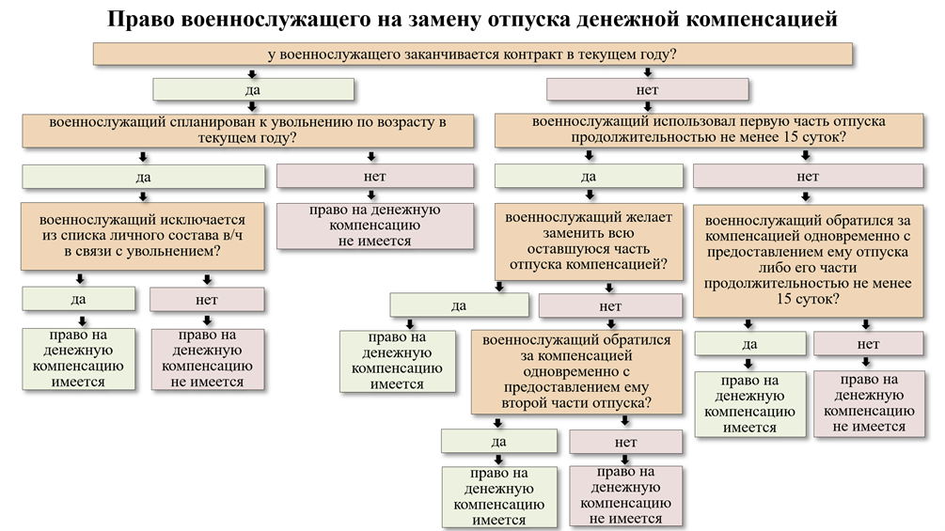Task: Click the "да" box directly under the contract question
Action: pos(253,89)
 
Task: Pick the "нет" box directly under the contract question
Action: pos(647,89)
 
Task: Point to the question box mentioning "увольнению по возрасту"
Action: pos(248,130)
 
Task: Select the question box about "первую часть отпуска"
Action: pos(709,130)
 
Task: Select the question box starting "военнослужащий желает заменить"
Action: pos(589,242)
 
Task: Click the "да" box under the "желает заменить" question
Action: pos(458,305)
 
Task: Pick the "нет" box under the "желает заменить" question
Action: pos(609,306)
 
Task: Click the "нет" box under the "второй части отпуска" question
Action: pos(626,442)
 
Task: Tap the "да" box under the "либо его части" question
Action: pos(749,344)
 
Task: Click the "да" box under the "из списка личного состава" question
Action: pos(80,300)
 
